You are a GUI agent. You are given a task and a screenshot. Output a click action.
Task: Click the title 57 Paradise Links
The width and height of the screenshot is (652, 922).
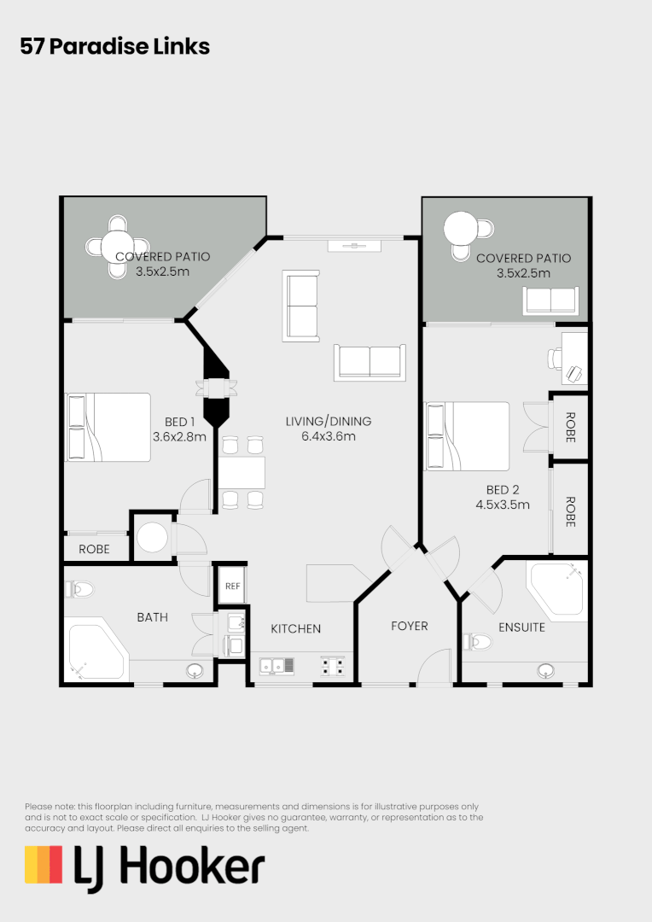(x=114, y=46)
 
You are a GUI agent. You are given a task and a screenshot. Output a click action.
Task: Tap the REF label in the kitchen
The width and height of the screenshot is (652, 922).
(x=232, y=586)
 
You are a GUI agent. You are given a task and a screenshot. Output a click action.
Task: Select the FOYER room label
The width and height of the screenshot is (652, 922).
(x=409, y=626)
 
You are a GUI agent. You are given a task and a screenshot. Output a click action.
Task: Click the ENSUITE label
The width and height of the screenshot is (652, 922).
(x=521, y=627)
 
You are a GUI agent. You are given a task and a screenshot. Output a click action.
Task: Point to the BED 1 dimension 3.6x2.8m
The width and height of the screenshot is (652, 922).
(x=179, y=436)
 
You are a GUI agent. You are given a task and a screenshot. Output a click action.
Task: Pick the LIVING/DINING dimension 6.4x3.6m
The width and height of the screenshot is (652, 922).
(x=329, y=436)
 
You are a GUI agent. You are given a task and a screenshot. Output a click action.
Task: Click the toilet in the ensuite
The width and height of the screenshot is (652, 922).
(x=480, y=640)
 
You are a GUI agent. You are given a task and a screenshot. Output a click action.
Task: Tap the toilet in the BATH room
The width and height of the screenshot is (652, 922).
(x=79, y=588)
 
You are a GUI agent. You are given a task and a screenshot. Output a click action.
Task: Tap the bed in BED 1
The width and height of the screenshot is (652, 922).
(x=108, y=427)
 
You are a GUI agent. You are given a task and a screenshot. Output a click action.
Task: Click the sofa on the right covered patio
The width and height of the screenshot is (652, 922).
(x=550, y=301)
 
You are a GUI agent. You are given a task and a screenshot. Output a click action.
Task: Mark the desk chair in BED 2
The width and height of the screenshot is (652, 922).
(x=576, y=372)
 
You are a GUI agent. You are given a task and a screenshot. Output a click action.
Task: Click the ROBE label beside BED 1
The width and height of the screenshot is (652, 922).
(x=94, y=549)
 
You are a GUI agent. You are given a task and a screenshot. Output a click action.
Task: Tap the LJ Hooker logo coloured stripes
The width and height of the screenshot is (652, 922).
(x=44, y=865)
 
